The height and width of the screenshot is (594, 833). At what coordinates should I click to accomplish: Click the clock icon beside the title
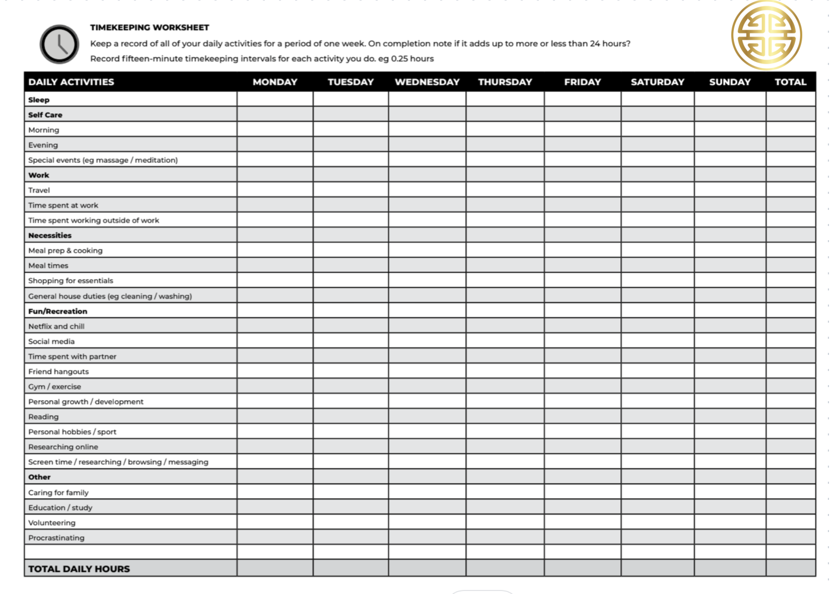click(x=59, y=44)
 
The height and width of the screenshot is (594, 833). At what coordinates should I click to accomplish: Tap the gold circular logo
click(x=766, y=36)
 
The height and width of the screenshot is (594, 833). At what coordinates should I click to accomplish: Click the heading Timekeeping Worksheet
click(x=150, y=28)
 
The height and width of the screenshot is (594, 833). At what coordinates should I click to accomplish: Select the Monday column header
click(x=275, y=82)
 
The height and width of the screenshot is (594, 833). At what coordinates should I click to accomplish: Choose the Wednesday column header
click(x=427, y=82)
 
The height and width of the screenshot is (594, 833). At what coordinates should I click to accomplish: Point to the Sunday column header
click(x=730, y=82)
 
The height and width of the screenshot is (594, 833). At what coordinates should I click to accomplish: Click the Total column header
click(x=790, y=82)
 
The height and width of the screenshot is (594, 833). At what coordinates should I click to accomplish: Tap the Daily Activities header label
click(x=71, y=82)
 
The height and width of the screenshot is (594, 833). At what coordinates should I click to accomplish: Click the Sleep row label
click(x=39, y=100)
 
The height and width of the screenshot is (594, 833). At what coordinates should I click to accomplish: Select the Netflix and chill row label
click(x=56, y=326)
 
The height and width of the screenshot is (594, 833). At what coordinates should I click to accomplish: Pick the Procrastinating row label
click(x=56, y=538)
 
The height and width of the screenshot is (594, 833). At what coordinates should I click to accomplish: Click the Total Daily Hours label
click(x=79, y=569)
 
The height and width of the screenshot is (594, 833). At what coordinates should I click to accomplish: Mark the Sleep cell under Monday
click(x=275, y=99)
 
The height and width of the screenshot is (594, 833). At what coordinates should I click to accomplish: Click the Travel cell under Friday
click(x=582, y=190)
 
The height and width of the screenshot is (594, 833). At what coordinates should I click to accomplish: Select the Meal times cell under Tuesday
click(x=351, y=265)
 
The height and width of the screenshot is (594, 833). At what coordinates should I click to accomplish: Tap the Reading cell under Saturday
click(x=657, y=416)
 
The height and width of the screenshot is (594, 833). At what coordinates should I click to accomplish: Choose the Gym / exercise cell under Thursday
click(x=505, y=386)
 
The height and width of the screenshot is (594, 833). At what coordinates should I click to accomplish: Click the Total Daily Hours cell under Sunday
click(x=730, y=568)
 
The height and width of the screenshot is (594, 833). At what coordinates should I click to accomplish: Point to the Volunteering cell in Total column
click(x=790, y=522)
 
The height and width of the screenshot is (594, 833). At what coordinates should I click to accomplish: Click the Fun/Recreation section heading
click(x=57, y=311)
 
